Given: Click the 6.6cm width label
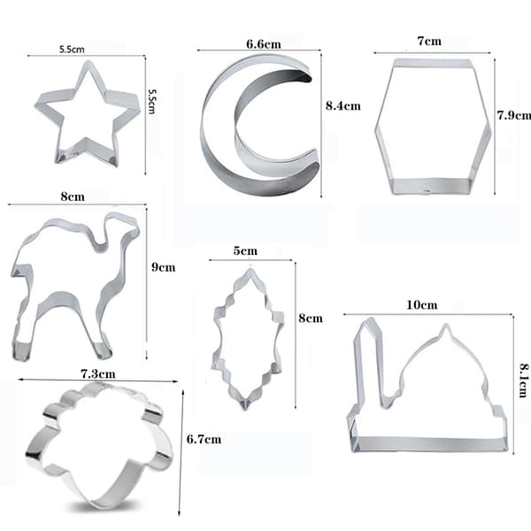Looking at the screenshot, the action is click(264, 44).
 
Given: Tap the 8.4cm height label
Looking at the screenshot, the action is click(343, 105).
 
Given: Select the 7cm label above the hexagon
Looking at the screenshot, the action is click(429, 41).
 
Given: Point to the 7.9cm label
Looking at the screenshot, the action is click(514, 115).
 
